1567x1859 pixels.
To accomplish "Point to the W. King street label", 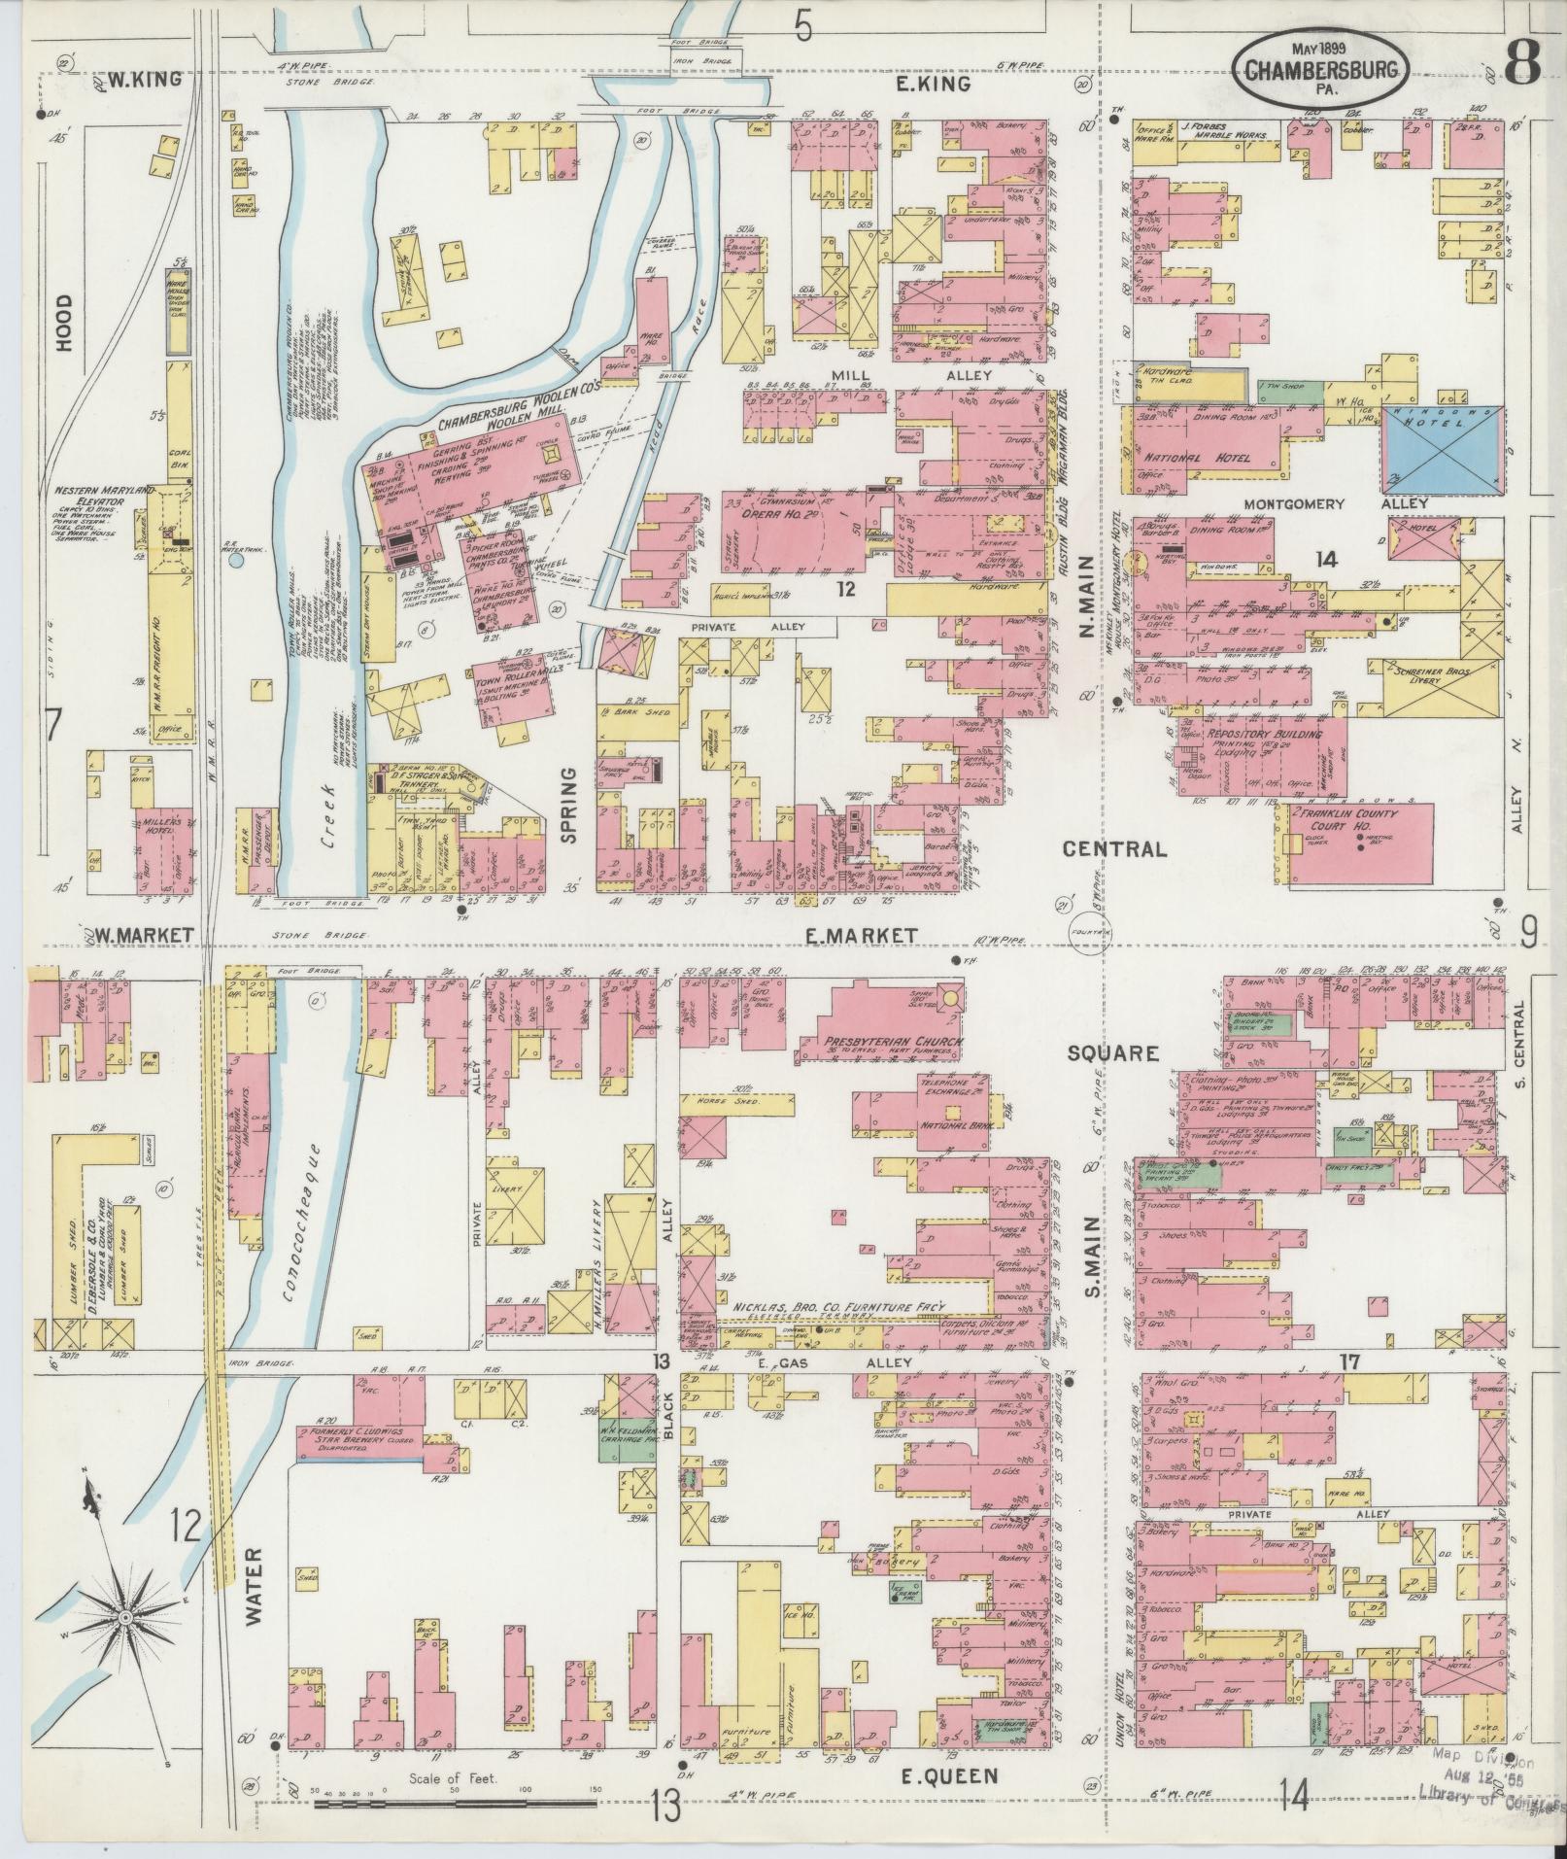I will pyautogui.click(x=144, y=80).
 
